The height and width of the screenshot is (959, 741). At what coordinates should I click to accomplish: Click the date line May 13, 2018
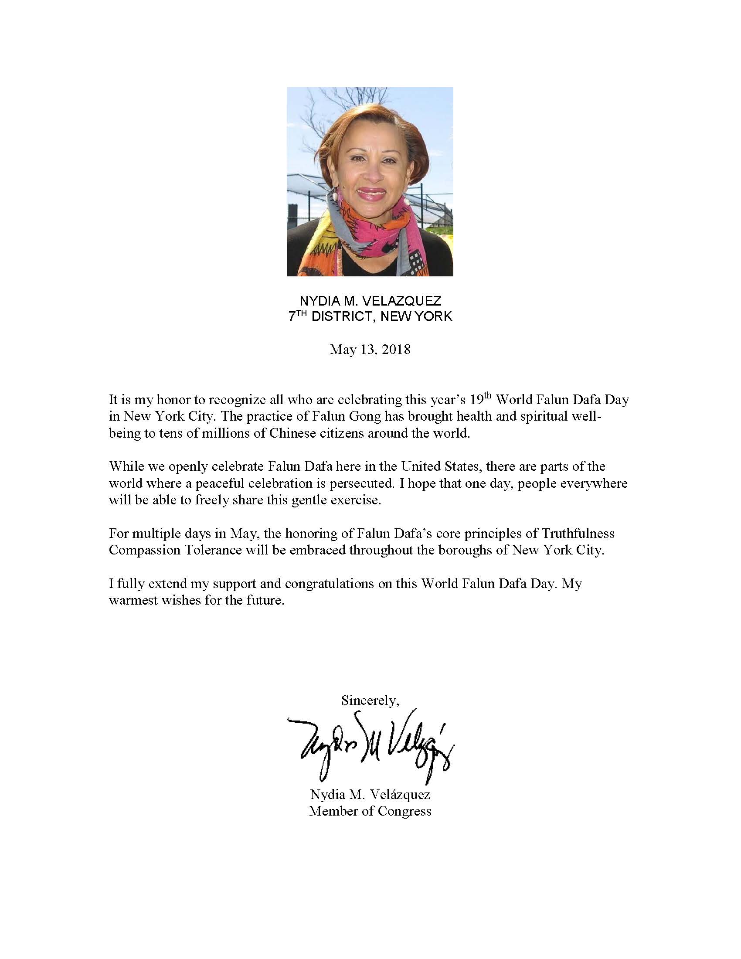[x=370, y=350]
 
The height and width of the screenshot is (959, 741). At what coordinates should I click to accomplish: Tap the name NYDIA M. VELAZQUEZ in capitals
[x=370, y=301]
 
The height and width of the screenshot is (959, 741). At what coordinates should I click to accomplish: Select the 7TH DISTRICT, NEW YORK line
[x=370, y=316]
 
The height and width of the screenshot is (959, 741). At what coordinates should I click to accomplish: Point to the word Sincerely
[x=370, y=701]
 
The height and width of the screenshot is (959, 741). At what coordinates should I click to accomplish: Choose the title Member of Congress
[x=370, y=811]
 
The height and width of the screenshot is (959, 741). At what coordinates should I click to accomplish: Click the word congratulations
[x=338, y=584]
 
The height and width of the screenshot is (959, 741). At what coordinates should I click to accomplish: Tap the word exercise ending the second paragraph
[x=356, y=500]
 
